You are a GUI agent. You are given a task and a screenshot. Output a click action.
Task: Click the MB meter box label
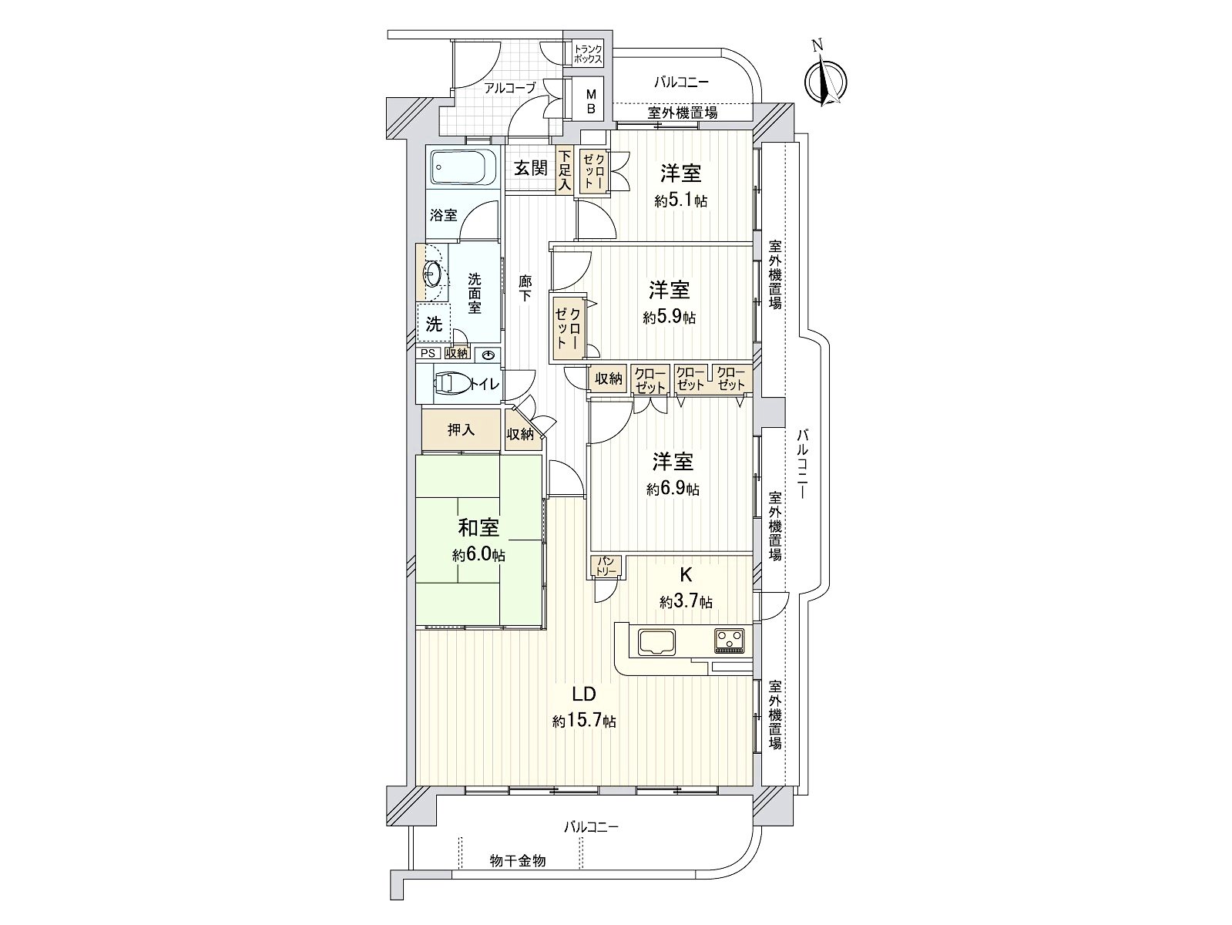point(592,101)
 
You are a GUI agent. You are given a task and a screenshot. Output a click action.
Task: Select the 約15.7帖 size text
point(583,721)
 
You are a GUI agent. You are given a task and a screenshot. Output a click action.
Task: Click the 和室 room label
point(478,528)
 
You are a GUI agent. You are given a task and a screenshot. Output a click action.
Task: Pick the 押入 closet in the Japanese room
point(461,430)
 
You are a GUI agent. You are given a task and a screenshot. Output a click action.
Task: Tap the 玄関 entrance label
point(531,168)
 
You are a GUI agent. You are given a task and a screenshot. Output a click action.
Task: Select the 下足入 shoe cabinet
point(565,172)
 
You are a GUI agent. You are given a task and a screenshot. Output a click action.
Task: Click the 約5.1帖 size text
point(681,200)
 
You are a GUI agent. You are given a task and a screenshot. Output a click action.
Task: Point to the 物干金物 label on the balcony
point(518,860)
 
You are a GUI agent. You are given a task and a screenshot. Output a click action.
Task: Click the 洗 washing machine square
point(434,324)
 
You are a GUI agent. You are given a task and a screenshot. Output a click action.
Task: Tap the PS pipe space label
point(428,353)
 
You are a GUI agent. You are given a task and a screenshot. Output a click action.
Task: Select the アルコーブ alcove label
point(509,88)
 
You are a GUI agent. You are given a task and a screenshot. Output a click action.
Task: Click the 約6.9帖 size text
point(673,489)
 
